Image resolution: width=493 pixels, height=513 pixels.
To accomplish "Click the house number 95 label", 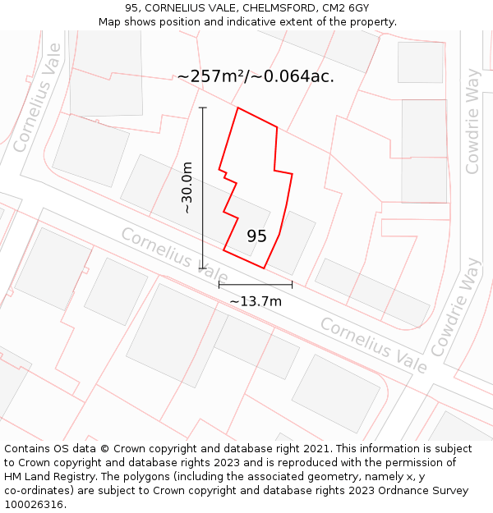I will pyautogui.click(x=256, y=236).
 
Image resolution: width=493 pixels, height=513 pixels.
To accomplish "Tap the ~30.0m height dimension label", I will pyautogui.click(x=187, y=188).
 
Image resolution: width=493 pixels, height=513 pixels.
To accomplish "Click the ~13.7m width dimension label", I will pyautogui.click(x=256, y=301).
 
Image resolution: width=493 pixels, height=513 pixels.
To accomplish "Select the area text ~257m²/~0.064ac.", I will pyautogui.click(x=256, y=76).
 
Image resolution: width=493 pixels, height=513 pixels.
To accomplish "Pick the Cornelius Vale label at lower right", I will pyautogui.click(x=374, y=345).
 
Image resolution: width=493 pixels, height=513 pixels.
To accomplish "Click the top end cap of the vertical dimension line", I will pyautogui.click(x=203, y=108).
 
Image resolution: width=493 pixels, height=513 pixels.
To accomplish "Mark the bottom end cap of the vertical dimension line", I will pyautogui.click(x=203, y=268).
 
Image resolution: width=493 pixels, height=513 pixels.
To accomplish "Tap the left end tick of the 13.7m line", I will pyautogui.click(x=219, y=285).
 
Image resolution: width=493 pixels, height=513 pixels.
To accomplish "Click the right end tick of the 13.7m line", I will pyautogui.click(x=292, y=285).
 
